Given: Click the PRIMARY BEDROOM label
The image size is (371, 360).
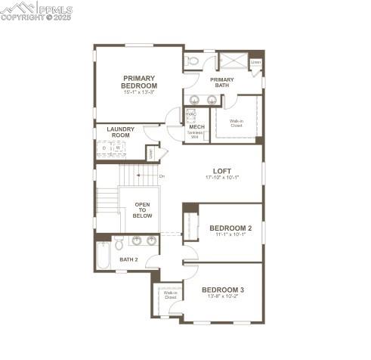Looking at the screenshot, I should (x=140, y=82).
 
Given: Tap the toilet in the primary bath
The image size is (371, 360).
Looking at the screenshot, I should (x=192, y=61).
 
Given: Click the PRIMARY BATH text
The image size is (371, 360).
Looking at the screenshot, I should (x=222, y=82).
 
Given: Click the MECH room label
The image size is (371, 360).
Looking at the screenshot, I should (x=196, y=127).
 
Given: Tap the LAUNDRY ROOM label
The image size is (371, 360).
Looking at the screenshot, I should (x=120, y=132).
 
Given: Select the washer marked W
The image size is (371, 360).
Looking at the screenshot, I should (x=117, y=148).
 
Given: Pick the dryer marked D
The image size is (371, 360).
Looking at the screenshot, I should (x=104, y=148).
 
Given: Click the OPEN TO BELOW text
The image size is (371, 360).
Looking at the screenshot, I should (x=143, y=210).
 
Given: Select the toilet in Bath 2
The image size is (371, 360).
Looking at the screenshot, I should (x=119, y=244).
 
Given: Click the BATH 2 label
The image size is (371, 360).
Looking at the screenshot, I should (x=128, y=259).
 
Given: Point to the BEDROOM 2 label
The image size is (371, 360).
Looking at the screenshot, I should (x=230, y=228).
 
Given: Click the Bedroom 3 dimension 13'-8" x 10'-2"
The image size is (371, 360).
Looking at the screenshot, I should (x=222, y=296).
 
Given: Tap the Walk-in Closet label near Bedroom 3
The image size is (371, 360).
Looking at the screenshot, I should (x=170, y=295).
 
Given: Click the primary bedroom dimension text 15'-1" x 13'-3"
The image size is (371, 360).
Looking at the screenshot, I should (x=140, y=93).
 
